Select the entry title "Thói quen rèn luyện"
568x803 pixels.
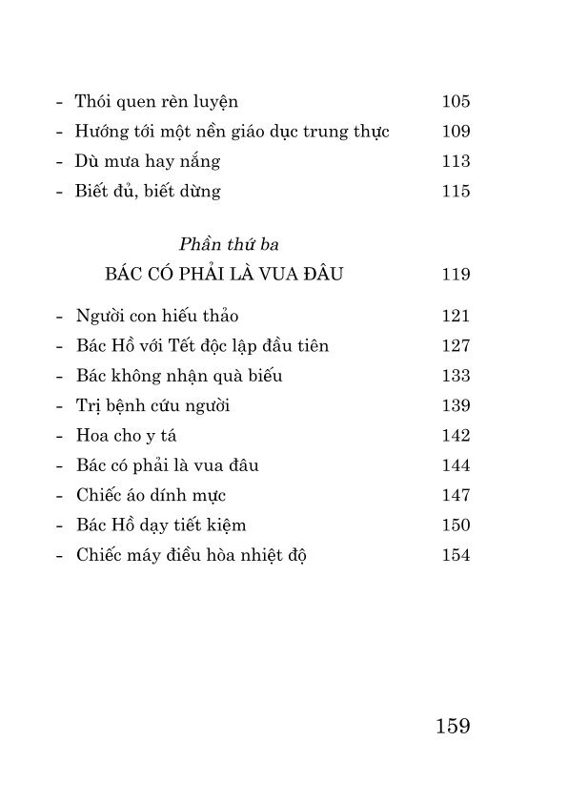tap(156, 102)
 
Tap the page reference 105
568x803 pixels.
tap(456, 102)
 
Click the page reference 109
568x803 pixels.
tap(456, 132)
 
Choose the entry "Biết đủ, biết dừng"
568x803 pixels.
tap(148, 191)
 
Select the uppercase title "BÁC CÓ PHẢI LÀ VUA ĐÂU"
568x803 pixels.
tap(225, 276)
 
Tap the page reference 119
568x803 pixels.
tap(456, 276)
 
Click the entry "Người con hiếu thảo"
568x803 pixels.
tap(156, 317)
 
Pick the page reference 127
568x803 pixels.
tap(456, 346)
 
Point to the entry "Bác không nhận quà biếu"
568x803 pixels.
tap(178, 376)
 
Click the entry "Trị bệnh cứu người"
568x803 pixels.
tap(152, 406)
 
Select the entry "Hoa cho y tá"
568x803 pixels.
tap(126, 436)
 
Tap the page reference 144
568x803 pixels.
tap(456, 465)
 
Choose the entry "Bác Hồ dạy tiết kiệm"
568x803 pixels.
tap(166, 525)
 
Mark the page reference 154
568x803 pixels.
tap(456, 555)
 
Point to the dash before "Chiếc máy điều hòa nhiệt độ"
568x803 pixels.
tap(60, 556)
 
